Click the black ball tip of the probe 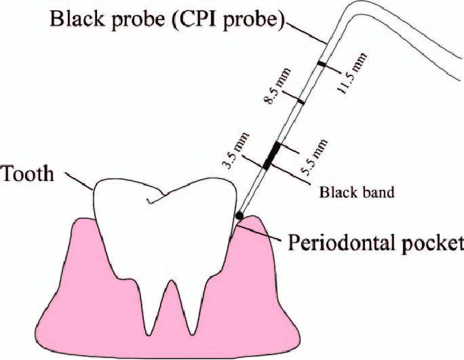coord(239,215)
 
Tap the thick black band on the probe coord(272,155)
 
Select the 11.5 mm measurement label coord(353,75)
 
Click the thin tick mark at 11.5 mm coord(322,65)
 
